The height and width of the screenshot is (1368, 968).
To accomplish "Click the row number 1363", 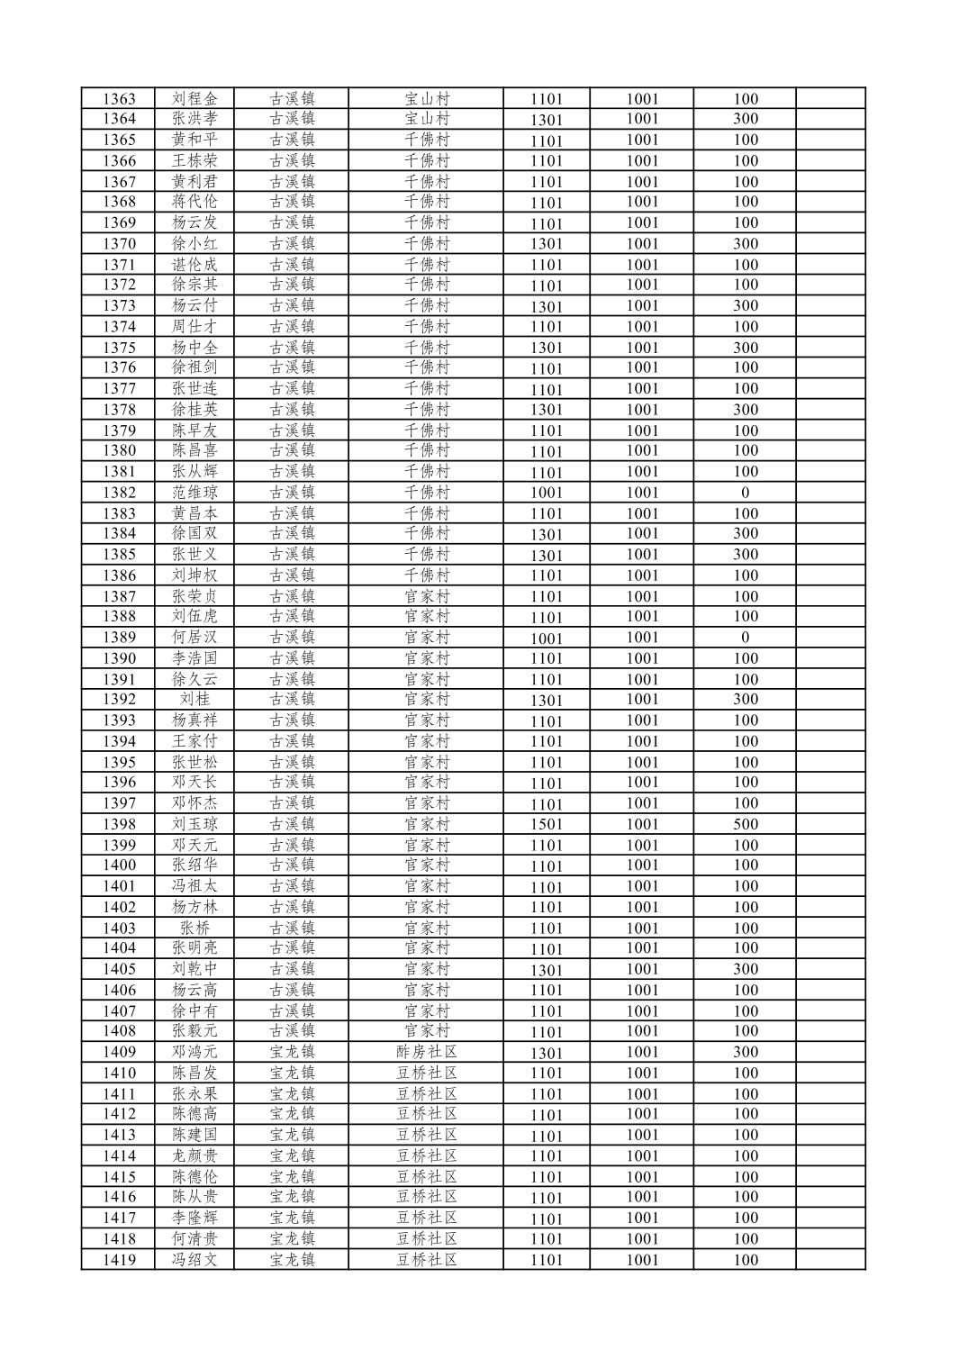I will pos(119,99).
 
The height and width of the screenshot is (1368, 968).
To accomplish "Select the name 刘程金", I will pos(195,99).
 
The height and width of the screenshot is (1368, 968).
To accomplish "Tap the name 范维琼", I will pos(195,493).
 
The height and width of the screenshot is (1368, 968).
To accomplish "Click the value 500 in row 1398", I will pos(745,824).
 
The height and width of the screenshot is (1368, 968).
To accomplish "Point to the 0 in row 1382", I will pos(745,493).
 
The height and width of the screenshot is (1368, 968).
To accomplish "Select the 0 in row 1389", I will pos(745,638).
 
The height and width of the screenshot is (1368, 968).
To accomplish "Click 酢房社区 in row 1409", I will pos(426,1052).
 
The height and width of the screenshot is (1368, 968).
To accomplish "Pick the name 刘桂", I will pos(195,700).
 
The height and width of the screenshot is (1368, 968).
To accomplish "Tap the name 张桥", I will pos(195,928).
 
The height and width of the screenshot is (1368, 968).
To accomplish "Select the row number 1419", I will pos(119,1260).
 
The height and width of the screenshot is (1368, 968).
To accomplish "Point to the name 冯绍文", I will pos(195,1260).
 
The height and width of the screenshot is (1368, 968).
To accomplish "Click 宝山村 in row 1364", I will pos(426,119).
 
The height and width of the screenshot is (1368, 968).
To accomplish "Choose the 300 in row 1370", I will pos(745,243).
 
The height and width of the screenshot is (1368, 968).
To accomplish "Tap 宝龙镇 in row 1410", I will pos(292,1073).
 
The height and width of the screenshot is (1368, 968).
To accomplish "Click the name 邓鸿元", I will pos(195,1052).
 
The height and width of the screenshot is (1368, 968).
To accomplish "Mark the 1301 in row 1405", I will pos(546,970).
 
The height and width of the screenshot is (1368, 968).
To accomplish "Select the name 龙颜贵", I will pos(195,1155).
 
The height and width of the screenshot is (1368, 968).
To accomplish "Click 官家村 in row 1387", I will pos(426,596).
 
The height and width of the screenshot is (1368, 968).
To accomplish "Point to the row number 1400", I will pos(119,865).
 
